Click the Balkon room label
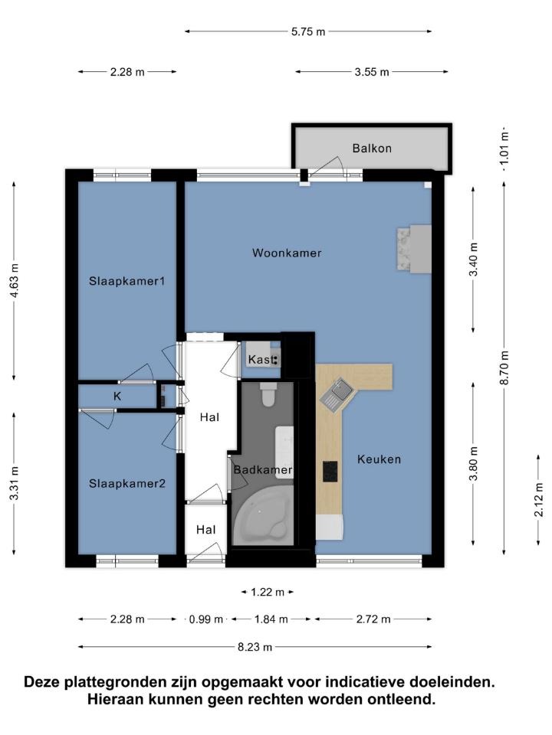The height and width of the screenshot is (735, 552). click(x=372, y=148)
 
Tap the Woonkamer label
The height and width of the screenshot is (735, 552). click(x=287, y=253)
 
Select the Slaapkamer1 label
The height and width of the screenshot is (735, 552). click(x=127, y=281)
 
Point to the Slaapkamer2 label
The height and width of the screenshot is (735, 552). click(x=127, y=483)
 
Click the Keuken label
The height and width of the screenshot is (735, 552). click(x=379, y=459)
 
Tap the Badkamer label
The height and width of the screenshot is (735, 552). click(x=263, y=469)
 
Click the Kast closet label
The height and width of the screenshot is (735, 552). click(x=261, y=360)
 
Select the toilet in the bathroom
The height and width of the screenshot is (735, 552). click(x=268, y=394)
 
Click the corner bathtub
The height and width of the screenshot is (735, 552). click(x=262, y=515)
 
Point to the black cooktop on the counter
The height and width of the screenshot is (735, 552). click(x=330, y=472)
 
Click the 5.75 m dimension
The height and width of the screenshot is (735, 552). click(x=308, y=32)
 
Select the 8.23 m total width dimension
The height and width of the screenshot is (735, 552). click(x=255, y=648)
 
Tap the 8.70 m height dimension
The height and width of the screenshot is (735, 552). click(x=504, y=367)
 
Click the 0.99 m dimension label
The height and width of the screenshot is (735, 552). click(x=206, y=619)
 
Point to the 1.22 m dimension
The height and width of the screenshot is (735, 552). click(x=268, y=593)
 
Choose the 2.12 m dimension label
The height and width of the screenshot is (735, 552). click(x=538, y=500)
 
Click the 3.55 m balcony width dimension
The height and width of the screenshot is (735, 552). click(x=372, y=72)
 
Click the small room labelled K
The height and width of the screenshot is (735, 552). click(x=117, y=397)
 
